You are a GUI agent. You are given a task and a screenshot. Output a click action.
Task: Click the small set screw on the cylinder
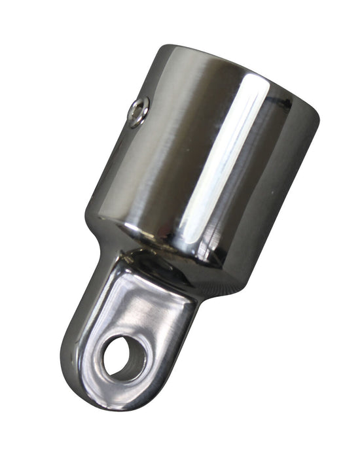[138, 113]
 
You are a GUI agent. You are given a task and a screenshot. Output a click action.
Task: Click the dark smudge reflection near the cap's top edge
[285, 103]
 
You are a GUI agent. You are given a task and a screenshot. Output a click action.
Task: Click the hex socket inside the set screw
[137, 113]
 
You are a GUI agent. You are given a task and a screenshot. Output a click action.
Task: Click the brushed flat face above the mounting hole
[141, 307]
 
